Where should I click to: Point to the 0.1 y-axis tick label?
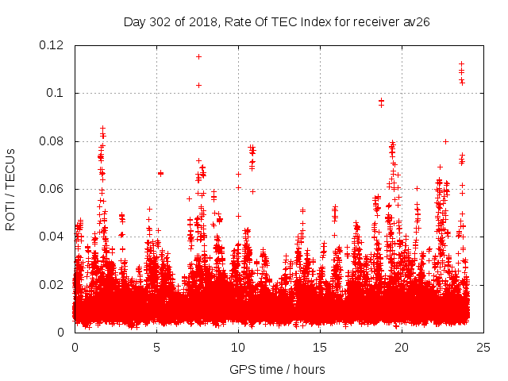click(x=56, y=93)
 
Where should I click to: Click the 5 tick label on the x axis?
click(x=156, y=348)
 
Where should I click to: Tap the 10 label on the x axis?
click(x=238, y=348)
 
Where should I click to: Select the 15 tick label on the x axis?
click(x=320, y=348)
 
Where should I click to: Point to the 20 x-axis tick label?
click(x=402, y=348)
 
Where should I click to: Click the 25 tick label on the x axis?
click(x=483, y=348)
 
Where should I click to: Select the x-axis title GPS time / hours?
click(x=277, y=369)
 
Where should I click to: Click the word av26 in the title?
click(x=416, y=21)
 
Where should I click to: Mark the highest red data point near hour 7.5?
click(x=198, y=56)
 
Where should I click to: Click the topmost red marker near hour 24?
click(x=461, y=63)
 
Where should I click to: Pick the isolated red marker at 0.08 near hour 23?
click(x=445, y=141)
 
